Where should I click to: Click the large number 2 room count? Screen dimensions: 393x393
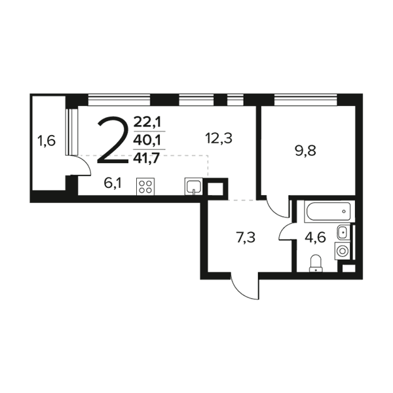tap(113, 141)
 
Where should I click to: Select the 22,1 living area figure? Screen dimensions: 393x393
tap(147, 122)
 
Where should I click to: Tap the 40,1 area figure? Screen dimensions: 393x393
tap(147, 141)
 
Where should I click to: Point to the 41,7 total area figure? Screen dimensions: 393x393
tap(147, 159)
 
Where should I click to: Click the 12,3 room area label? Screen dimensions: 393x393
tap(219, 138)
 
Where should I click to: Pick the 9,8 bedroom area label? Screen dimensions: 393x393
tap(305, 151)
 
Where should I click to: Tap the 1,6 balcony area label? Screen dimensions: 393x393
tap(46, 141)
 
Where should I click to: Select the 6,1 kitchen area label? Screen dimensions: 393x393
tap(113, 183)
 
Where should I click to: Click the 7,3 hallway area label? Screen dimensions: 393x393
tap(246, 238)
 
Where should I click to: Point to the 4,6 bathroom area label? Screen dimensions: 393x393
tap(315, 238)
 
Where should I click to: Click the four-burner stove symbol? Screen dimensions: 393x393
tap(145, 187)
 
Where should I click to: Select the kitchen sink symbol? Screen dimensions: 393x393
tap(193, 187)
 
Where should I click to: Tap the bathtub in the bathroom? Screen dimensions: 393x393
tap(329, 212)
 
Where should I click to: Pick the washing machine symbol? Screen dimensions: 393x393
tap(342, 251)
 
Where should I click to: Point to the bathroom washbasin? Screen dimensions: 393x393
tap(343, 232)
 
